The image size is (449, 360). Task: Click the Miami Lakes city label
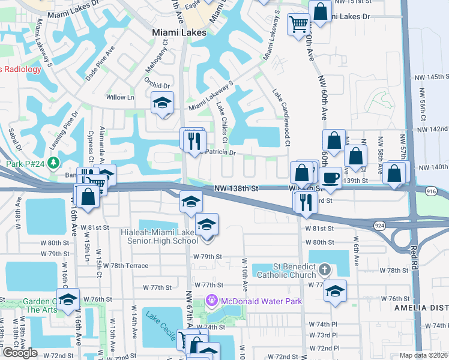179,32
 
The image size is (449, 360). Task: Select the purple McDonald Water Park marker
211,301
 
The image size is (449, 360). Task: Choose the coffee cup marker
330,177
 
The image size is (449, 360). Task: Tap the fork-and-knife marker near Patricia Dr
194,142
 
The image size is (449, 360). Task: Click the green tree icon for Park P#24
54,163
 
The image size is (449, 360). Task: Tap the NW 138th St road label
237,188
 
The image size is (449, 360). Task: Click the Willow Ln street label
120,97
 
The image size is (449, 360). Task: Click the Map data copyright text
424,355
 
